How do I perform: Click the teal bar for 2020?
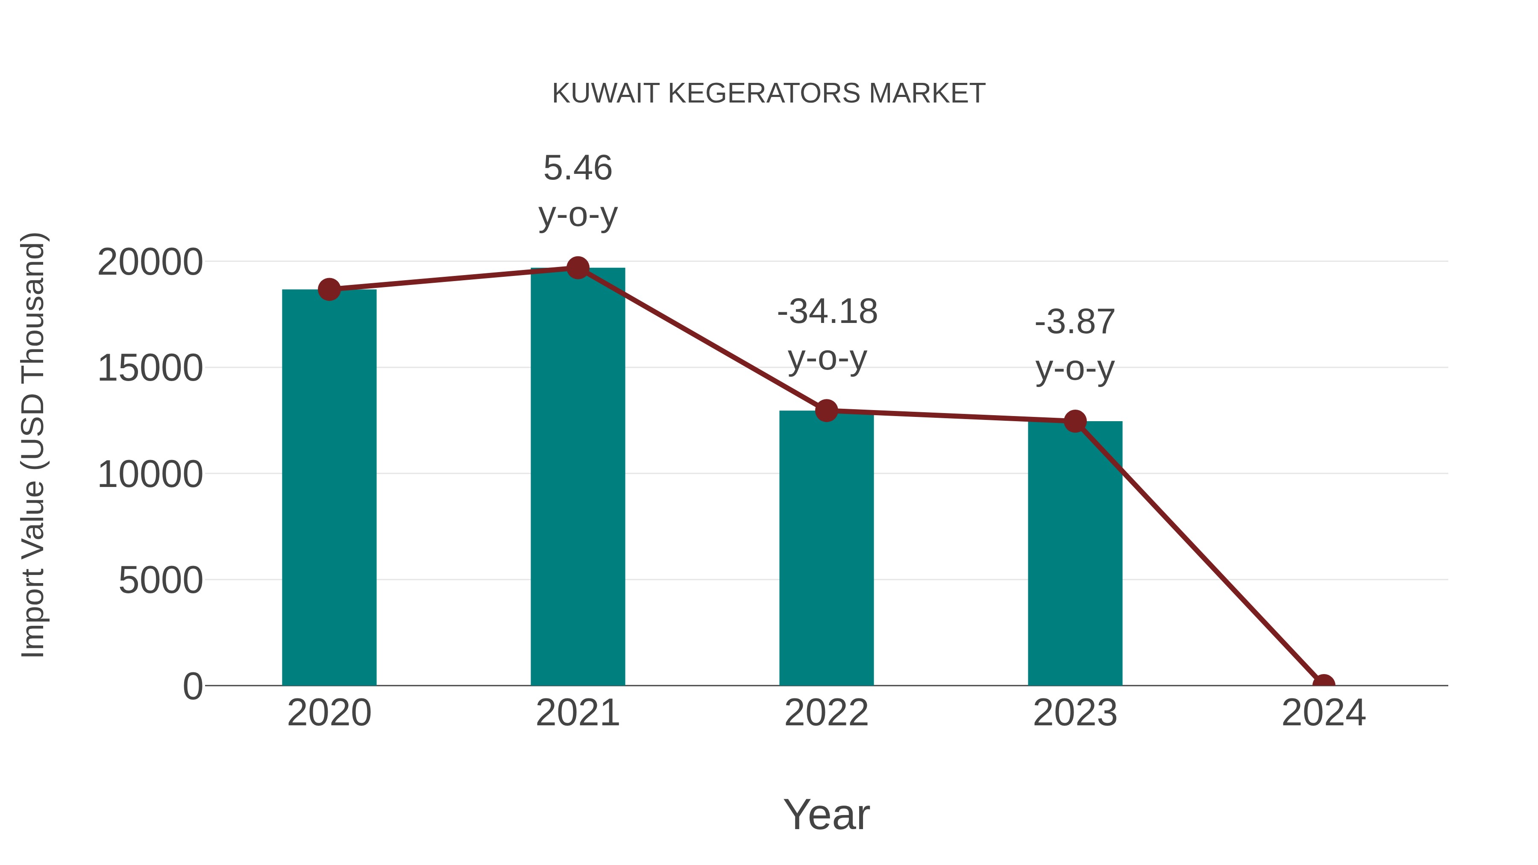(329, 490)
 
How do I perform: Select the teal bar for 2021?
(577, 478)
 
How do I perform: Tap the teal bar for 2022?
(826, 549)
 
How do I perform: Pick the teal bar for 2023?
(1075, 555)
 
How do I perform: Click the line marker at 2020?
(329, 290)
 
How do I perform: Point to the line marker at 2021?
(577, 268)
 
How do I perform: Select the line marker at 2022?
(826, 411)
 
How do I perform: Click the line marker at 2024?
(1324, 684)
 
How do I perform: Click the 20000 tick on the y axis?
(150, 262)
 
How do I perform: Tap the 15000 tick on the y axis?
(150, 368)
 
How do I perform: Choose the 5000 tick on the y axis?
(161, 580)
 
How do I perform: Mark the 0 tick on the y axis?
(193, 686)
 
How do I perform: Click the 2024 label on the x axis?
(1324, 713)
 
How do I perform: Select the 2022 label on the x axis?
(826, 713)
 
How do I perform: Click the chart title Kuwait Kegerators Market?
(769, 93)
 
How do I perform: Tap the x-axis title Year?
(826, 814)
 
